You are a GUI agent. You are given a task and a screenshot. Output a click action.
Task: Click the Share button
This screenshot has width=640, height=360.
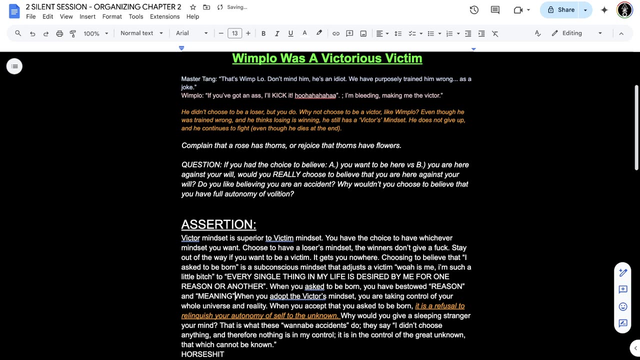[x=561, y=10]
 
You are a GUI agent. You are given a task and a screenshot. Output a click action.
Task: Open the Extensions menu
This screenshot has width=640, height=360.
[x=164, y=16]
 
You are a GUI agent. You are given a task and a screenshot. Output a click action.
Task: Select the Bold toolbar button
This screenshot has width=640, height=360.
[x=263, y=33]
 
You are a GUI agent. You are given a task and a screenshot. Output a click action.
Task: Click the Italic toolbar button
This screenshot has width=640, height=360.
[x=277, y=33]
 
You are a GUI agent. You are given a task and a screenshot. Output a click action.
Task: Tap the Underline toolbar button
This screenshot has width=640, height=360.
[x=290, y=33]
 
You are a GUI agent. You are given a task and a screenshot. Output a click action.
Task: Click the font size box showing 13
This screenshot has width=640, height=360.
[x=234, y=33]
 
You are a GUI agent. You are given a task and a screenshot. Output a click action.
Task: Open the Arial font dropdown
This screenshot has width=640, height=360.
[x=191, y=33]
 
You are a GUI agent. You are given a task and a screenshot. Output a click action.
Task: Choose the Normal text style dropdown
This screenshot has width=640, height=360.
[x=141, y=33]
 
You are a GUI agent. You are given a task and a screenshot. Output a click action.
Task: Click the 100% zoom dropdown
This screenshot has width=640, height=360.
[x=95, y=33]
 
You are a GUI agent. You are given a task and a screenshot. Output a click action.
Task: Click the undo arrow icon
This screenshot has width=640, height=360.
[x=32, y=33]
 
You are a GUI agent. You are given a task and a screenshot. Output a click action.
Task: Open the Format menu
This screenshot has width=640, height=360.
[x=112, y=16]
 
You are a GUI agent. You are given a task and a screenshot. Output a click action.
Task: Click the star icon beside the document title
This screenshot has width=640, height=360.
[x=193, y=7]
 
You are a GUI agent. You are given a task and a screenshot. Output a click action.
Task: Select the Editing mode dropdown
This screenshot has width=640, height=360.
[x=576, y=33]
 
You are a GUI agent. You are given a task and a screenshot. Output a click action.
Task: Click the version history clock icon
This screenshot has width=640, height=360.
[x=474, y=10]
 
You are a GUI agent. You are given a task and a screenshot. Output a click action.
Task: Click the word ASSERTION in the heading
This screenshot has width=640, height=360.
[x=218, y=224]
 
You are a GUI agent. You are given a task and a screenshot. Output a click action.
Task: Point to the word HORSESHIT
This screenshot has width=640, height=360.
[x=202, y=354]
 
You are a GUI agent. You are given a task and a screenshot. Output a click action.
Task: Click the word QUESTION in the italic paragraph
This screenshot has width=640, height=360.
[x=201, y=165]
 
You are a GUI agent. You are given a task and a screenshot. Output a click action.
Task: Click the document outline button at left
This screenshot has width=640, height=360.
[x=14, y=66]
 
